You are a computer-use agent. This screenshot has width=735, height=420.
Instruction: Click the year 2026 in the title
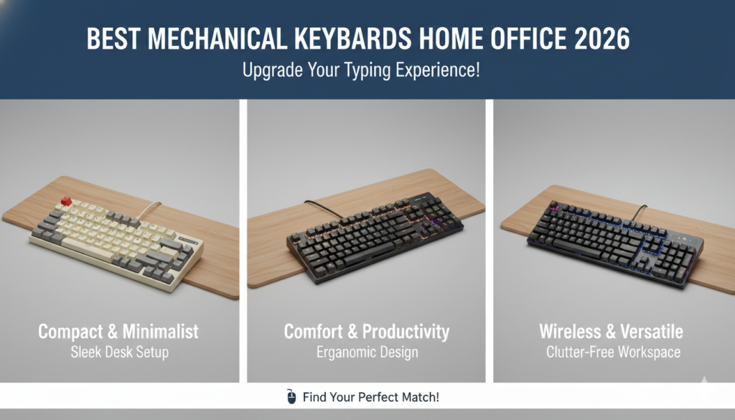click(x=601, y=39)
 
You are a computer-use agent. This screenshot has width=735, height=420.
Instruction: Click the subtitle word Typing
click(x=362, y=72)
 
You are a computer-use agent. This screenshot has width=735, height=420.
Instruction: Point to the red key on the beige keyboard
click(x=66, y=201)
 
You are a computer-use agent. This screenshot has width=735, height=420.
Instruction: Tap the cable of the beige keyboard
click(x=148, y=210)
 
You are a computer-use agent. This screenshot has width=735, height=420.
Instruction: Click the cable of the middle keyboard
click(x=323, y=210)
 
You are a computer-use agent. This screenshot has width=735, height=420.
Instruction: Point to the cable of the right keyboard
click(x=638, y=213)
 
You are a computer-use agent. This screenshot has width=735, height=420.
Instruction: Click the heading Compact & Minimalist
click(x=118, y=332)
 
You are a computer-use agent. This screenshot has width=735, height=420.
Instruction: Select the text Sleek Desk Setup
click(x=118, y=353)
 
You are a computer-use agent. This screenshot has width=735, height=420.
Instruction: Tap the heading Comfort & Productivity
click(x=367, y=332)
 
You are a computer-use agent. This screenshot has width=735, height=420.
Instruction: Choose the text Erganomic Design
click(x=367, y=353)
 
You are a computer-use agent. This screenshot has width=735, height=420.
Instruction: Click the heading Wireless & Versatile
click(x=612, y=332)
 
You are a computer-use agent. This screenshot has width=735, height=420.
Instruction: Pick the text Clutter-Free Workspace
click(x=612, y=353)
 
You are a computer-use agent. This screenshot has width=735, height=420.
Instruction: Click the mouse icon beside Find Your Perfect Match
click(x=291, y=396)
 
